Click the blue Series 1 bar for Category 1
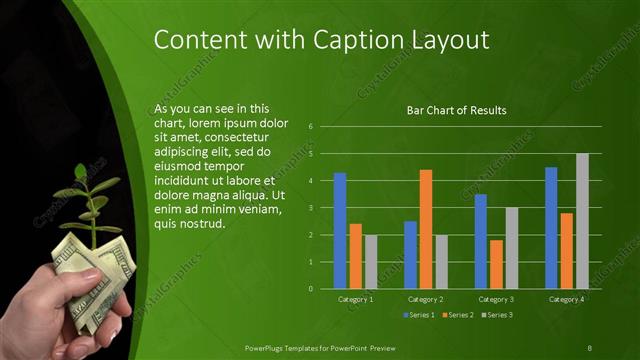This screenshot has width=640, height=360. click(x=340, y=231)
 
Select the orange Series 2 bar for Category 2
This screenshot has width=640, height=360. click(x=426, y=229)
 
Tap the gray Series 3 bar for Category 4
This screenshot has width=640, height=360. click(x=582, y=221)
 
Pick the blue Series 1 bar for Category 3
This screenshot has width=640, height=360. click(x=481, y=241)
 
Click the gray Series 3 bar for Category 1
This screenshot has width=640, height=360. click(x=371, y=261)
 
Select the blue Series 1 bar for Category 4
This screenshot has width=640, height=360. click(x=551, y=228)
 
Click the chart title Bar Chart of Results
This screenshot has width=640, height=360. click(x=456, y=110)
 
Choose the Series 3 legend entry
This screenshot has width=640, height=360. click(x=498, y=315)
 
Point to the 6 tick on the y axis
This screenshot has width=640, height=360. click(x=311, y=127)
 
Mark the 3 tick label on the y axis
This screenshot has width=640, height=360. click(x=311, y=208)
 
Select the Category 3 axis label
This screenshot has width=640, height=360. click(x=496, y=299)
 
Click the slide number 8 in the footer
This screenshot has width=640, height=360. click(x=589, y=346)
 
